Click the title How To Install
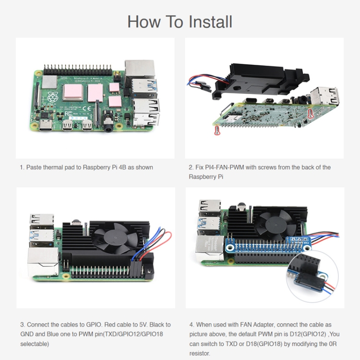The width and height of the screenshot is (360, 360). (x=180, y=22)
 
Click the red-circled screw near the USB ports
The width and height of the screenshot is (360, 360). (x=310, y=113)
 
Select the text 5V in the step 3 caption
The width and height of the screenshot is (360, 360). (x=140, y=325)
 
